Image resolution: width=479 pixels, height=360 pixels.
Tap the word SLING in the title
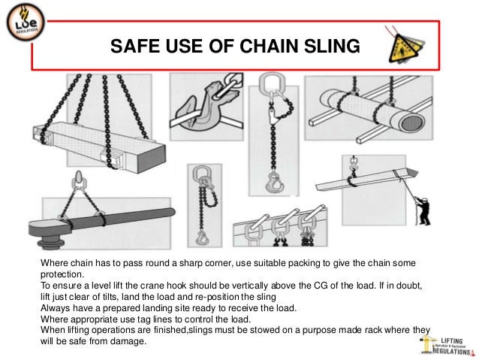click(333, 48)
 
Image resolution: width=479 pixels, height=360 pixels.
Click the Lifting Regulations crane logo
click(446, 343)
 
